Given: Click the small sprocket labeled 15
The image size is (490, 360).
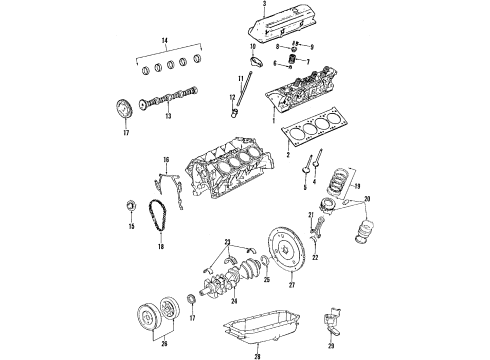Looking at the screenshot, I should click(x=128, y=206).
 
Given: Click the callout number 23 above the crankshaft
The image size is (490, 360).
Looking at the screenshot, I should click(x=228, y=241).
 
